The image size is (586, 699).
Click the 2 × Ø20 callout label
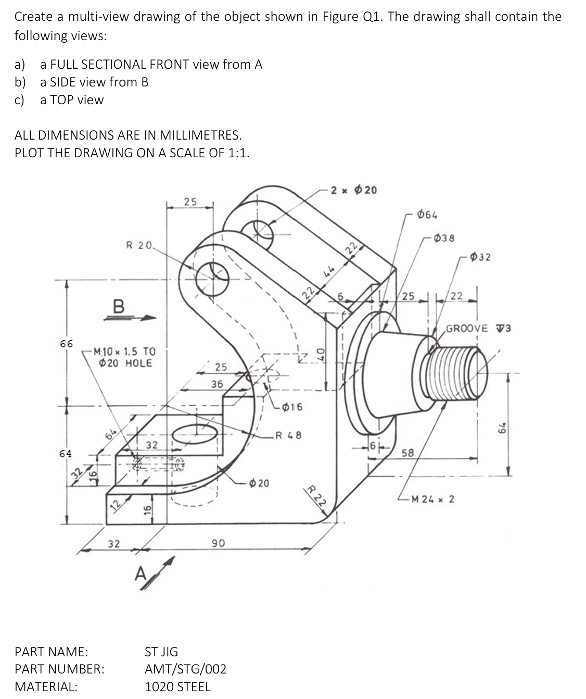click(354, 190)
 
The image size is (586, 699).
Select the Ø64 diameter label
click(427, 215)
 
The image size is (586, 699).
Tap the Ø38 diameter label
click(444, 239)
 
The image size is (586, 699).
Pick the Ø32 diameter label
click(480, 257)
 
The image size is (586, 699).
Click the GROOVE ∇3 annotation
click(478, 328)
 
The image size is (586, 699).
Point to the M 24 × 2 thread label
click(432, 499)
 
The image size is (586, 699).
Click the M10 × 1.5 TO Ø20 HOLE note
click(124, 357)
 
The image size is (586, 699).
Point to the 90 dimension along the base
click(218, 543)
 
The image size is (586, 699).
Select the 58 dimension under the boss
click(407, 453)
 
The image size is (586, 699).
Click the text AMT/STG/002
click(185, 669)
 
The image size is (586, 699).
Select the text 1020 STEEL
click(177, 686)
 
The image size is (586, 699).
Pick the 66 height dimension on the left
click(66, 344)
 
